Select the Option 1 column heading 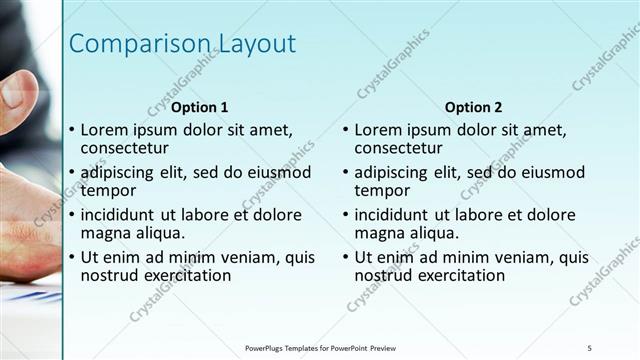pyautogui.click(x=200, y=107)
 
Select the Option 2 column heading pyautogui.click(x=474, y=107)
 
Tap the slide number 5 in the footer pyautogui.click(x=590, y=347)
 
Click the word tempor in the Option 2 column pyautogui.click(x=382, y=190)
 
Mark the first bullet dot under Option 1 pyautogui.click(x=70, y=130)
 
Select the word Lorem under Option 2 pyautogui.click(x=379, y=129)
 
